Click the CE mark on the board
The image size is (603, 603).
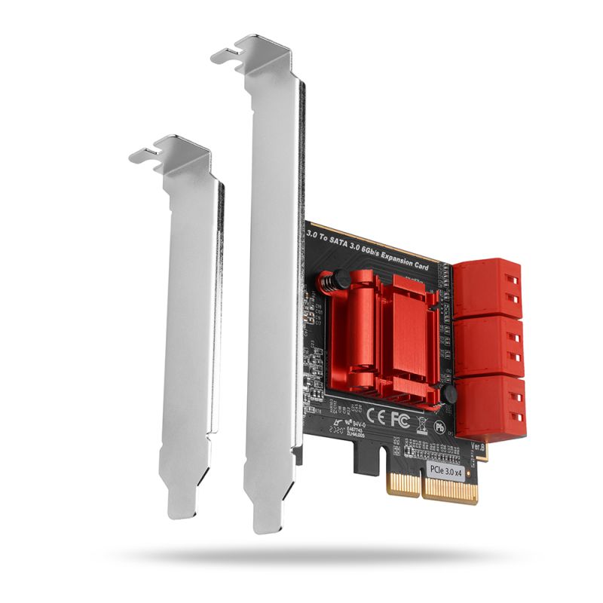377,413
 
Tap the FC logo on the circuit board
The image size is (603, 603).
399,416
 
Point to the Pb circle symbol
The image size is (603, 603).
439,427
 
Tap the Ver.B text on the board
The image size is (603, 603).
478,447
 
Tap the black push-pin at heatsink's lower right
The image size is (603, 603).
451,396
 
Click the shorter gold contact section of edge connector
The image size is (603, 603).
404,486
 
